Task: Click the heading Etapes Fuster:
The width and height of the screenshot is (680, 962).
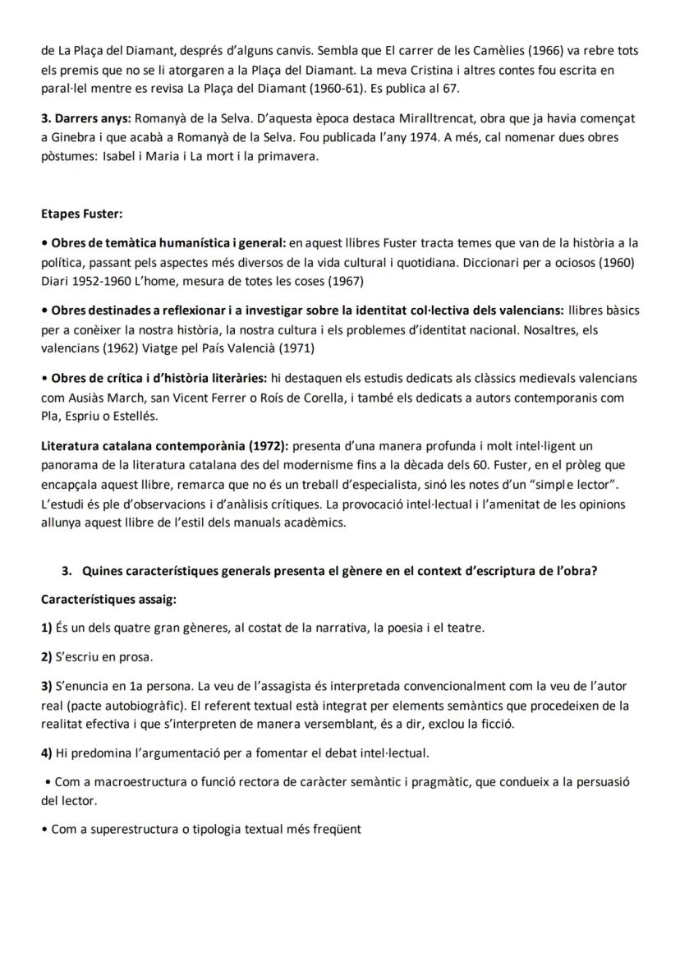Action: point(81,214)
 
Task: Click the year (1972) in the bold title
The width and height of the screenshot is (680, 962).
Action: point(267,446)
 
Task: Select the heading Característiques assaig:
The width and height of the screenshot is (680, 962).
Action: point(108,600)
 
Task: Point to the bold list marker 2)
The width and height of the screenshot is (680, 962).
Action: point(47,656)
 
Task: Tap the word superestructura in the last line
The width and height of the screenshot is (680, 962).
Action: point(134,829)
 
